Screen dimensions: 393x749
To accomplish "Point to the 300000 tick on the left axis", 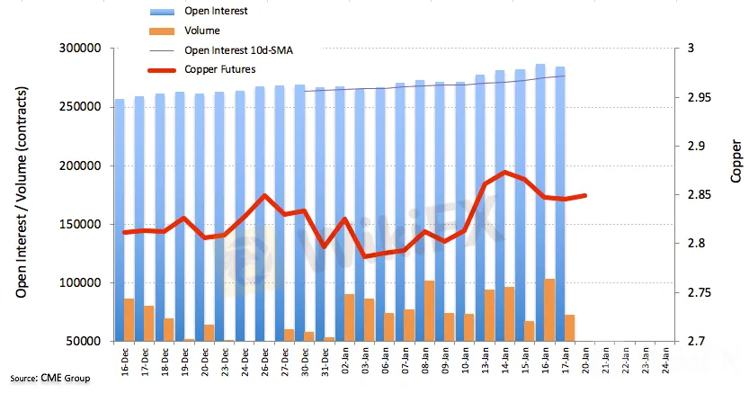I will click(79, 49).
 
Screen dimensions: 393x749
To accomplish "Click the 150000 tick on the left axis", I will click(79, 225).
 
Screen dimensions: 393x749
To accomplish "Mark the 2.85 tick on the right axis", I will click(694, 195).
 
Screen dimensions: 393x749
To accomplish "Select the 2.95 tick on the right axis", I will click(694, 97).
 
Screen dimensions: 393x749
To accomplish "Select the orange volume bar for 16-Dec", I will click(129, 319).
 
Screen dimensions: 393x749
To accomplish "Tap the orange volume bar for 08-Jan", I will click(429, 311).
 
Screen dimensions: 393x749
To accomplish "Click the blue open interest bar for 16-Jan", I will click(540, 180).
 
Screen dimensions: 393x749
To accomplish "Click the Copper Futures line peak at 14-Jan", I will click(506, 172).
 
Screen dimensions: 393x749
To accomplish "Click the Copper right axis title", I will click(736, 162).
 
